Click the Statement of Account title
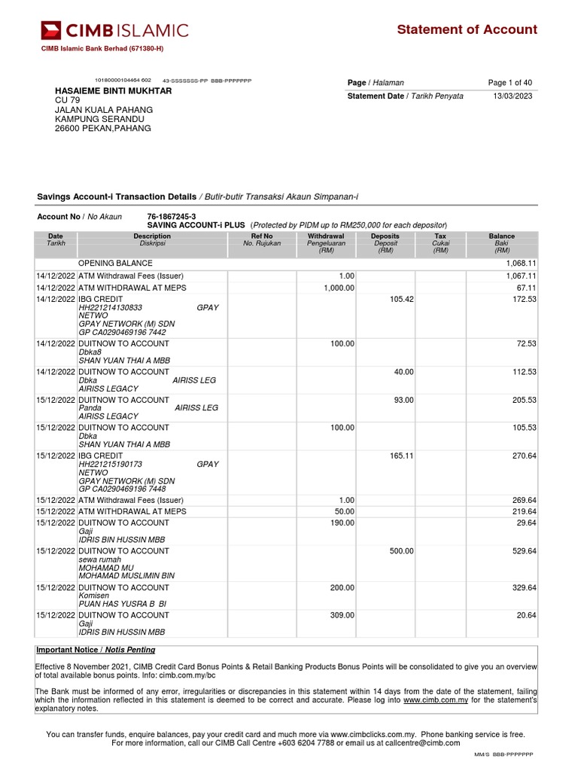467,29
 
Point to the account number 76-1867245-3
172,217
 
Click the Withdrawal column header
326,236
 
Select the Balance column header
501,236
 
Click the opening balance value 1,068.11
520,264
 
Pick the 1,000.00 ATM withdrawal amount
339,288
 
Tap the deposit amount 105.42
401,300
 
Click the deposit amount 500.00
401,551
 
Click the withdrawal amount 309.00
342,615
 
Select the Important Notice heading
96,650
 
